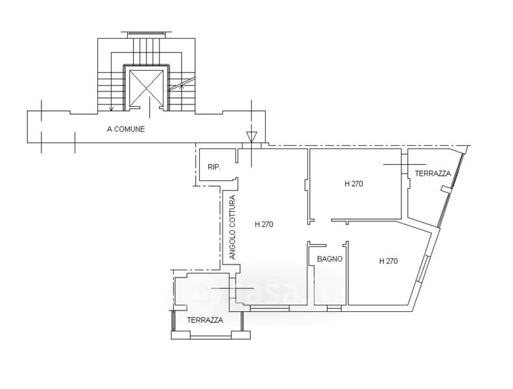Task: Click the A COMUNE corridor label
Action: pos(126,129)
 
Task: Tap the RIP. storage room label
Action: pos(214,167)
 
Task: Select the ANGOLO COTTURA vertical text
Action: pos(232,228)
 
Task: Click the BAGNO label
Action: pos(329,259)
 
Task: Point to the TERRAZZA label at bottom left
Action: pos(205,320)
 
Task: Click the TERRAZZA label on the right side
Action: pos(433,173)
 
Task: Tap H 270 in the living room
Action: pos(264,224)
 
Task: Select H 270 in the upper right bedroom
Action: pos(353,184)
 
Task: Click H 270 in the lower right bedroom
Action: pos(388,261)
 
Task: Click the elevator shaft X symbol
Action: pos(146,87)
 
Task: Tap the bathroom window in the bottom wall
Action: pos(334,308)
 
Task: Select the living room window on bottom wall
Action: pos(270,308)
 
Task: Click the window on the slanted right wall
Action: pos(423,268)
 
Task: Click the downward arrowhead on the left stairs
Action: pos(112,109)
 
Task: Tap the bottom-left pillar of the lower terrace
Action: pos(180,335)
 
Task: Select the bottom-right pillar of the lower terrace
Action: pos(241,335)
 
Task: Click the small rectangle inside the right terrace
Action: pos(446,189)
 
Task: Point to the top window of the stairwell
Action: pos(146,32)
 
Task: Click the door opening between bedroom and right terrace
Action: pos(405,164)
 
